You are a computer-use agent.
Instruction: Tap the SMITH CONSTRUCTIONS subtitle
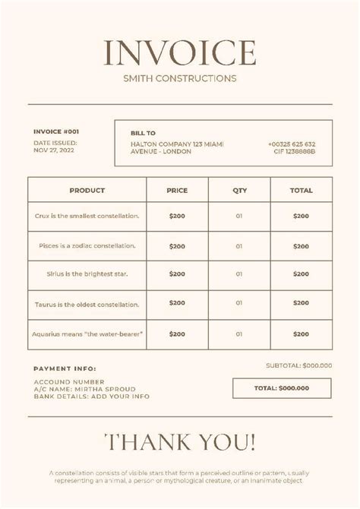click(x=180, y=77)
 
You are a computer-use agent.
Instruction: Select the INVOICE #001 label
click(x=56, y=131)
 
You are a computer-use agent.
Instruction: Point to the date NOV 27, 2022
click(x=55, y=150)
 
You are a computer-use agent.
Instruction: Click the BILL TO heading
click(x=143, y=132)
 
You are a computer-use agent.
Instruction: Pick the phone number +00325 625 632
click(x=292, y=144)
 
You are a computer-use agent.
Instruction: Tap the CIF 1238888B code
click(x=295, y=151)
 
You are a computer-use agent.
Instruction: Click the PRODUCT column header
click(x=87, y=191)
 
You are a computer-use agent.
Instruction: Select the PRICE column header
click(x=177, y=191)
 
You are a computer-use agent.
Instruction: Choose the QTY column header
click(x=239, y=191)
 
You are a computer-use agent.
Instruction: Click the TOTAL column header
click(x=301, y=191)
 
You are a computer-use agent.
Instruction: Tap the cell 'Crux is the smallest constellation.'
click(x=87, y=217)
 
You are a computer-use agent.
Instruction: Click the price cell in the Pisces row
click(x=177, y=246)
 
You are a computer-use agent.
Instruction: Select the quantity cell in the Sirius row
click(x=239, y=274)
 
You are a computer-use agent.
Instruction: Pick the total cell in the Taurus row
click(x=301, y=303)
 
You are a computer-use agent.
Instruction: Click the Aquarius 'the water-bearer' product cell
click(x=87, y=334)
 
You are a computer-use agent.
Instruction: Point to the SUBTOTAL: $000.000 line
click(x=298, y=365)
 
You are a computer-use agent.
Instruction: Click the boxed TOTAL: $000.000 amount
click(x=282, y=387)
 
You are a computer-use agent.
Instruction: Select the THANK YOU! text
click(x=180, y=442)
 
